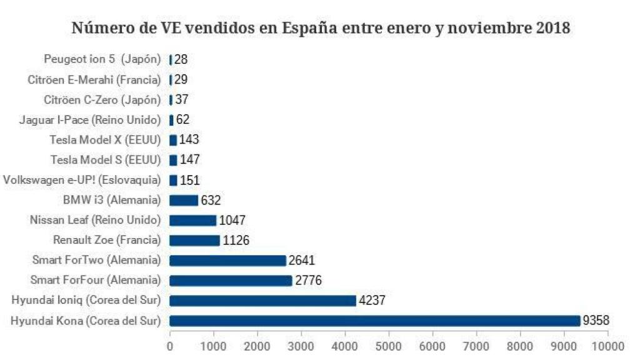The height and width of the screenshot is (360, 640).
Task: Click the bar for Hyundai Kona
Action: coord(375,321)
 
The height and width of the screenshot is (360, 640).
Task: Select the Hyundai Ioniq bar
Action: coord(262,301)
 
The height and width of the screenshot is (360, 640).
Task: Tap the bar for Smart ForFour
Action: coord(231,281)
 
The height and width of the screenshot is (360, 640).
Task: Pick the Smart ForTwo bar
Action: coord(227,261)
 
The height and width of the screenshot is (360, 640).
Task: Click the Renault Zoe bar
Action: coord(194,241)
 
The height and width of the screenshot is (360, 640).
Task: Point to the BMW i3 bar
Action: coord(184,201)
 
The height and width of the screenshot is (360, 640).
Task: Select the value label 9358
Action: coord(596,321)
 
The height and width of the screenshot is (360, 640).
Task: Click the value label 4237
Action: coord(371,301)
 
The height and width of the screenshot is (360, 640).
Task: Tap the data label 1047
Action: coord(232,221)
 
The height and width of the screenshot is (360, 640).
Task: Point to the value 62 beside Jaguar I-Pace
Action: coord(182,119)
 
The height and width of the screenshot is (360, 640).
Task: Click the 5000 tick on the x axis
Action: coord(389,344)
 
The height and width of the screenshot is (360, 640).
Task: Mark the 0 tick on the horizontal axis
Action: coord(170,344)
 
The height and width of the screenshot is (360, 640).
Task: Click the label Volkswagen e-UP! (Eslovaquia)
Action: coord(82,180)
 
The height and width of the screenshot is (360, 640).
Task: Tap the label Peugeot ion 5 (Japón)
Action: coord(102,59)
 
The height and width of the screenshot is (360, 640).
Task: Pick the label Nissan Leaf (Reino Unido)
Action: coord(95,220)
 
